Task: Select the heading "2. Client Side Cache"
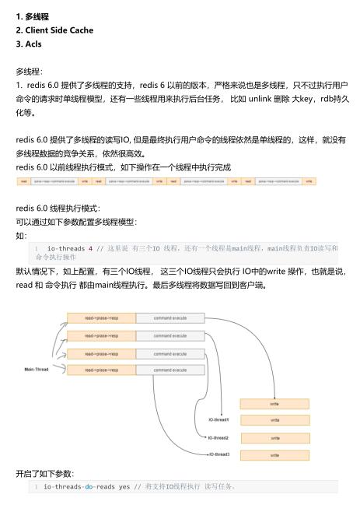(54, 30)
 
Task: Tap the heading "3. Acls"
(29, 44)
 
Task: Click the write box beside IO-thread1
(274, 404)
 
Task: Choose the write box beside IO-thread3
(274, 454)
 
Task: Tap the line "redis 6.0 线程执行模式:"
(58, 208)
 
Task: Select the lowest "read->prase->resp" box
(100, 370)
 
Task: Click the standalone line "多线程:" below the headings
(29, 70)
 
